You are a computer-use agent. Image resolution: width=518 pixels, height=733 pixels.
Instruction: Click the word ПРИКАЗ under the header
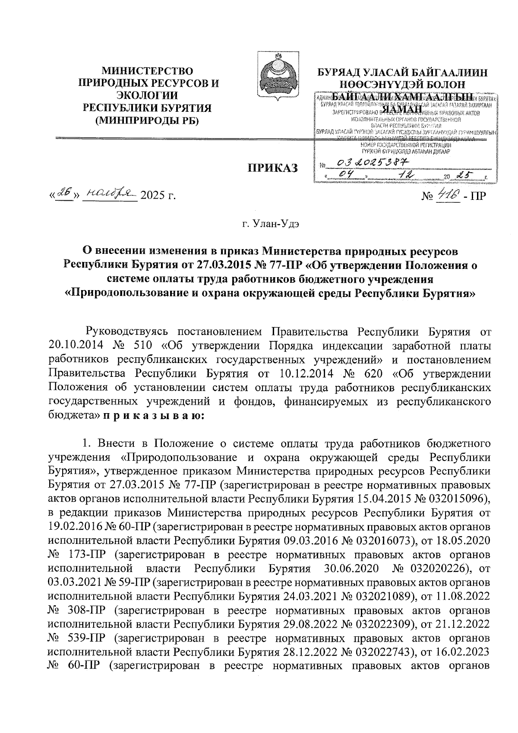coord(272,168)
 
